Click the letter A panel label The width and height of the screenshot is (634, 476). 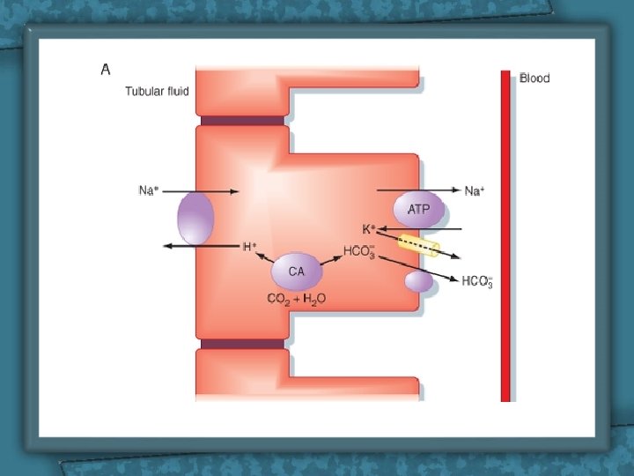(106, 69)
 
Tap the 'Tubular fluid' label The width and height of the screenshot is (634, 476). (156, 92)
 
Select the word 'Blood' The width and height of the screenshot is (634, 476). (534, 78)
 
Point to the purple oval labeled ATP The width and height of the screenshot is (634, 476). (418, 210)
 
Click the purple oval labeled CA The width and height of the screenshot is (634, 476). (296, 271)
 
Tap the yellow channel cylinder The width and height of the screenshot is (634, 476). (419, 245)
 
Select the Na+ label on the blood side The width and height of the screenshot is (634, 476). (475, 191)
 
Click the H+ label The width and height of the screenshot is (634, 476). (249, 247)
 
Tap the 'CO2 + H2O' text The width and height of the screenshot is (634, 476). (296, 299)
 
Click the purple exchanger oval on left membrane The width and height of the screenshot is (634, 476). (195, 219)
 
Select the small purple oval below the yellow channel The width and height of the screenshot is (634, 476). (418, 281)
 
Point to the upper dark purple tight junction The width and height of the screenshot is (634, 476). (242, 121)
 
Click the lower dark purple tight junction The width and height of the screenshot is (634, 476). (242, 344)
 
